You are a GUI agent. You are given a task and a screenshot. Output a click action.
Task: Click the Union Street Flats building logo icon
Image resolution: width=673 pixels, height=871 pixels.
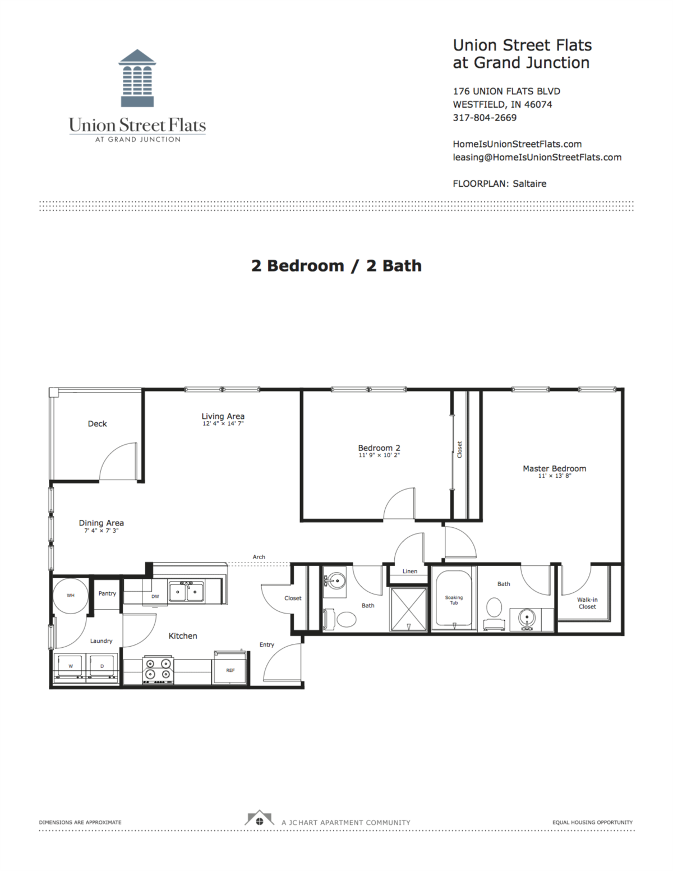(x=137, y=78)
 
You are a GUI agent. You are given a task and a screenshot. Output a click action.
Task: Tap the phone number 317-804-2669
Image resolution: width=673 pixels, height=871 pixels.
(x=485, y=118)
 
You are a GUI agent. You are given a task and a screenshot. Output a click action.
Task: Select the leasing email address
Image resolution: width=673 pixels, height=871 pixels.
(x=537, y=158)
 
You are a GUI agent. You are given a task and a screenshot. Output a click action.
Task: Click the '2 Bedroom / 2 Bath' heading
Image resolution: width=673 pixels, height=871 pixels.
(x=336, y=266)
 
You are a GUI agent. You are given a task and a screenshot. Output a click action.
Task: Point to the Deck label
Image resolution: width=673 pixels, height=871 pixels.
(x=97, y=424)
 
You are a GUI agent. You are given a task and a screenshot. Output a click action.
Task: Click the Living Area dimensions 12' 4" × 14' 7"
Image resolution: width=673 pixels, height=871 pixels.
(x=223, y=424)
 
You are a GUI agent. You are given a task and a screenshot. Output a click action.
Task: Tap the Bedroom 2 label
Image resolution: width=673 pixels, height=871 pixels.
(x=379, y=448)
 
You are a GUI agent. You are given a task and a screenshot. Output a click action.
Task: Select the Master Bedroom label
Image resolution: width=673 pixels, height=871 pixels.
(x=554, y=469)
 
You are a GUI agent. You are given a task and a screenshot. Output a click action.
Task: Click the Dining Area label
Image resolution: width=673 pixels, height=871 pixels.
(x=101, y=523)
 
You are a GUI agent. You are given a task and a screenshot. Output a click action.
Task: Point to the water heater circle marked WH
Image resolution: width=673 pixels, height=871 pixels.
(x=71, y=595)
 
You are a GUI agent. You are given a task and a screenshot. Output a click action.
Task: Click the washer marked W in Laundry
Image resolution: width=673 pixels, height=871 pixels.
(x=71, y=667)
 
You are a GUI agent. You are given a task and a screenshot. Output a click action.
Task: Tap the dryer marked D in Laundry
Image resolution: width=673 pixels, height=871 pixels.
(x=102, y=667)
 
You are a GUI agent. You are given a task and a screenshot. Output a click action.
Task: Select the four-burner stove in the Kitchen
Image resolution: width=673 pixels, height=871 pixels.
(x=158, y=669)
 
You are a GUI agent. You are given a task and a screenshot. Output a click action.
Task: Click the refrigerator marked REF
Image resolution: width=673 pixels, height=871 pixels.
(x=230, y=669)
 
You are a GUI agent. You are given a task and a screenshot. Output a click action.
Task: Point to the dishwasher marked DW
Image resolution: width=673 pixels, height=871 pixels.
(x=155, y=597)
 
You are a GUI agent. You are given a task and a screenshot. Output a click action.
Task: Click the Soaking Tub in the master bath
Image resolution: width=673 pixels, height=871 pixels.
(x=454, y=599)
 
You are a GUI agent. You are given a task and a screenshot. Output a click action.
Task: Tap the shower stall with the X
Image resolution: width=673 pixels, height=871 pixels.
(x=408, y=609)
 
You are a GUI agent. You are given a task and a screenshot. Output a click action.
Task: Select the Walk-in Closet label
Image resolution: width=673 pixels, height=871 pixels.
(x=587, y=603)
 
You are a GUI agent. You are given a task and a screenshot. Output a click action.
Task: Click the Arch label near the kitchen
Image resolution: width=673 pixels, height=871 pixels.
(x=259, y=557)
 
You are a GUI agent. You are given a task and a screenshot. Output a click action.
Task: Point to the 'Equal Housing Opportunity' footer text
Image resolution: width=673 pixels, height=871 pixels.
(x=592, y=823)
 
